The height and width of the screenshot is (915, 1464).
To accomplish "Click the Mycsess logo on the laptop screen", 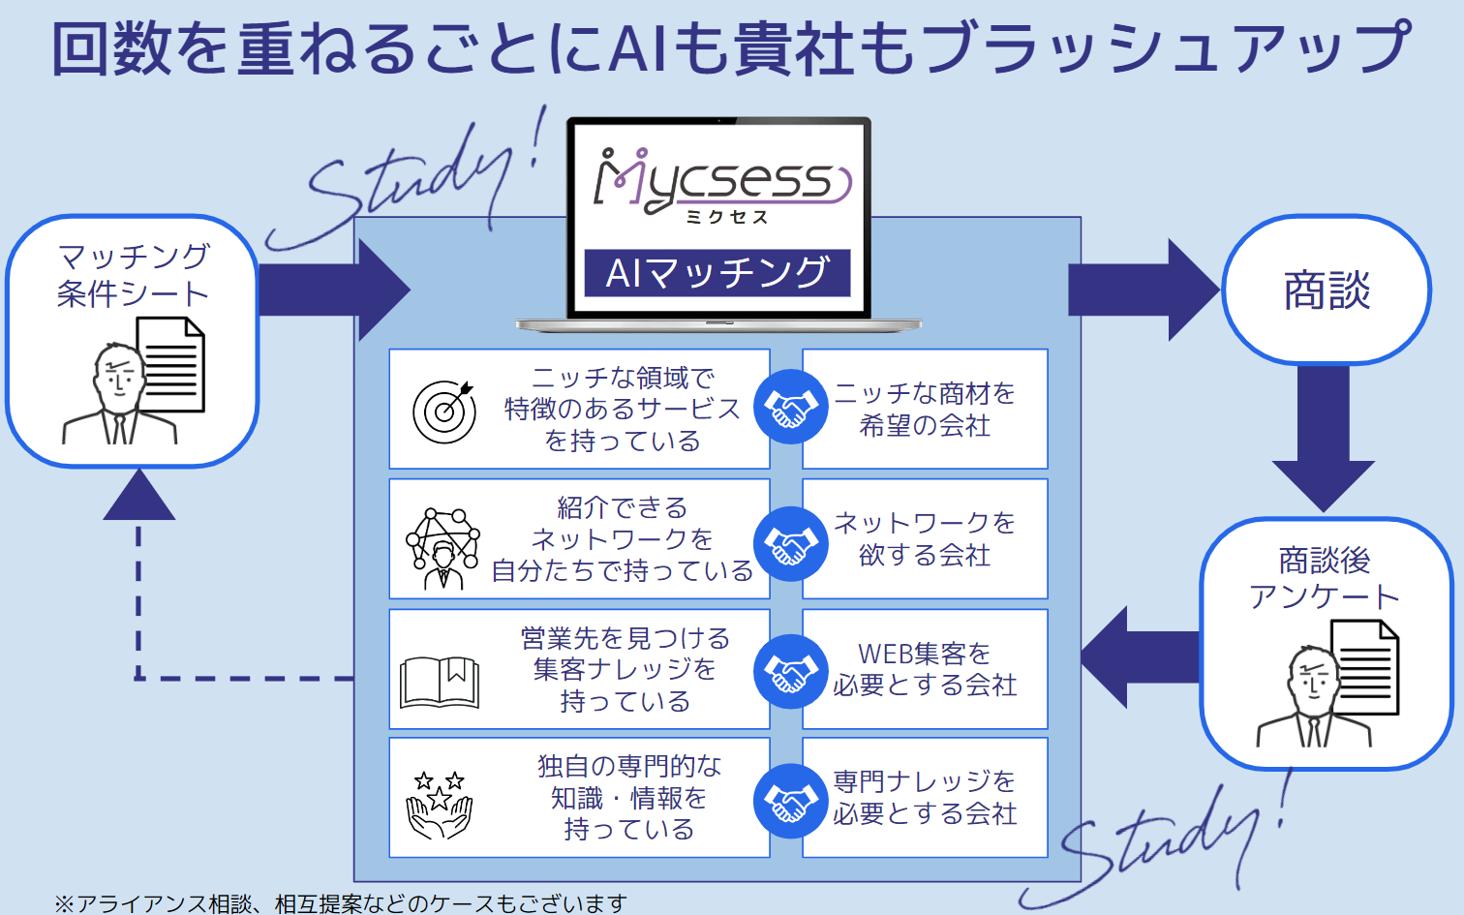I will pyautogui.click(x=721, y=184).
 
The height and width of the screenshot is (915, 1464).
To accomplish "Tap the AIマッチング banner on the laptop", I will pyautogui.click(x=717, y=273).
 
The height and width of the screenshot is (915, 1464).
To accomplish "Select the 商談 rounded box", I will pyautogui.click(x=1326, y=290).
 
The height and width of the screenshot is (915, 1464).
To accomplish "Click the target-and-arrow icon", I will pyautogui.click(x=444, y=411).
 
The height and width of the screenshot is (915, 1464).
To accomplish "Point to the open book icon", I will pyautogui.click(x=440, y=682).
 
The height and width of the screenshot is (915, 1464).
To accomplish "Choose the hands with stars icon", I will pyautogui.click(x=440, y=804).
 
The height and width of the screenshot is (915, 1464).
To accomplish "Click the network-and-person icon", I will pyautogui.click(x=443, y=547).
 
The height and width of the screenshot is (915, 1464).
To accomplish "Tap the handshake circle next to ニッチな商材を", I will pyautogui.click(x=791, y=408).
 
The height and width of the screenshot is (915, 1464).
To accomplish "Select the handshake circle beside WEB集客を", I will pyautogui.click(x=791, y=671).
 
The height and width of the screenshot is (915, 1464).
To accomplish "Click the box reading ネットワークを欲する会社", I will pyautogui.click(x=925, y=539).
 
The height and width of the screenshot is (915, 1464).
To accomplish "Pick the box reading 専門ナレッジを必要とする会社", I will pyautogui.click(x=925, y=797).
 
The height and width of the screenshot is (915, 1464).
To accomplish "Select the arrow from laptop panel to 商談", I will pyautogui.click(x=1143, y=290).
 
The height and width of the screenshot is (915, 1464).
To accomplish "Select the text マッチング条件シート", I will pyautogui.click(x=133, y=275).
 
